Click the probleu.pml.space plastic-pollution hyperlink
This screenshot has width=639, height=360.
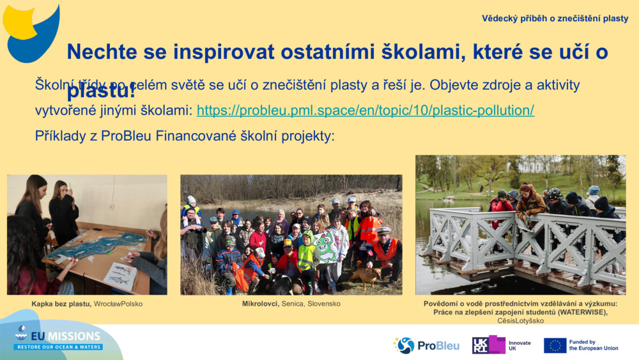click(x=365, y=110)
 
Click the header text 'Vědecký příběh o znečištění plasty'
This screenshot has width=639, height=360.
click(x=555, y=19)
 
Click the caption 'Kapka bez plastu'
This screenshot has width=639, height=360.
click(x=61, y=304)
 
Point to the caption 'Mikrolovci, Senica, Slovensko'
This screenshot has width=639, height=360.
click(x=291, y=304)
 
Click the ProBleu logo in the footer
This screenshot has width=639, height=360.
click(x=426, y=345)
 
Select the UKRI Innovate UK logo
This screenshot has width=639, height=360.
click(x=501, y=345)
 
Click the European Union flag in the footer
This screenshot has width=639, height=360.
click(x=555, y=345)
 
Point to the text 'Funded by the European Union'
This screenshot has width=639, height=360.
click(x=593, y=345)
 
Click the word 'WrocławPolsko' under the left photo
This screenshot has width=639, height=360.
click(x=118, y=304)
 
